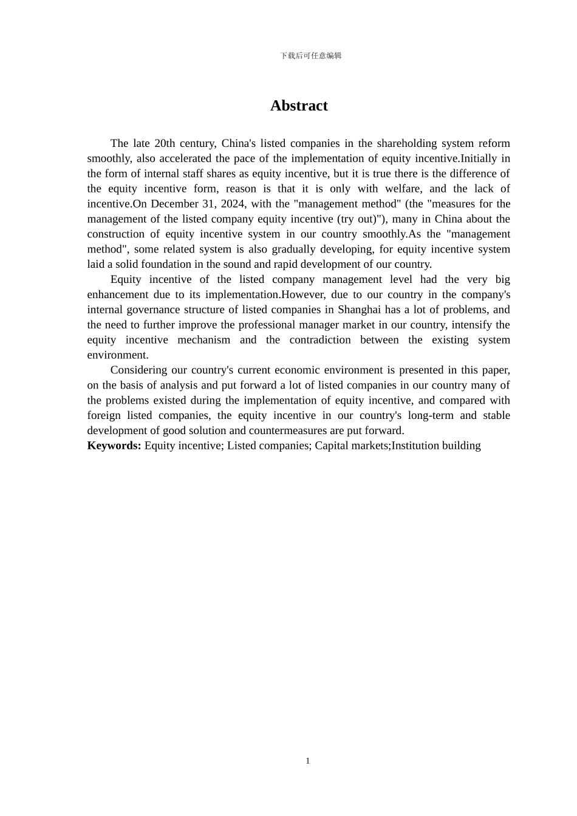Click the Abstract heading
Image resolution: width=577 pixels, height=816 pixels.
[299, 106]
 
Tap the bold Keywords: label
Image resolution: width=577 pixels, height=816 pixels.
[114, 446]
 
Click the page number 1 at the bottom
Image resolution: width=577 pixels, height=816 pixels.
[308, 761]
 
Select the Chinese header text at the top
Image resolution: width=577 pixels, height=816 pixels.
[311, 56]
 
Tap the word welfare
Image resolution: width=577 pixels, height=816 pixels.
[403, 189]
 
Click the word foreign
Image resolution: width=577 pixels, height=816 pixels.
[104, 415]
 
